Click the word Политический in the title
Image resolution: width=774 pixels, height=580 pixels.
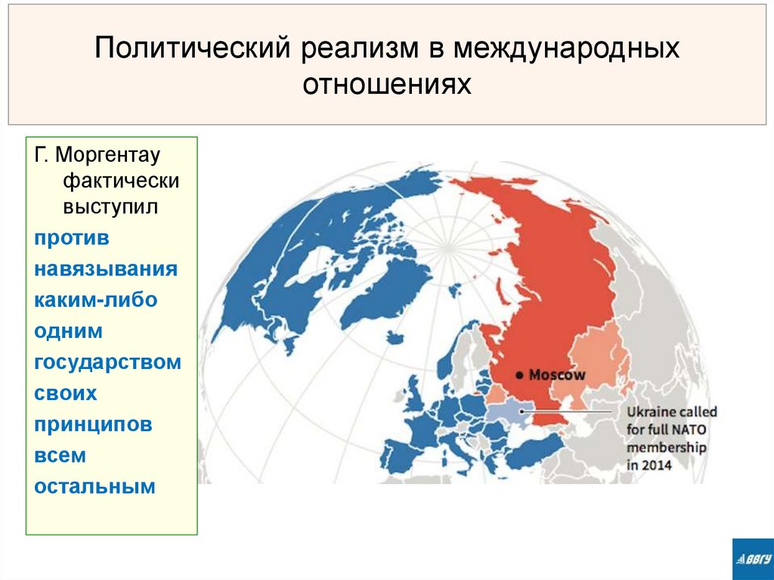click(194, 49)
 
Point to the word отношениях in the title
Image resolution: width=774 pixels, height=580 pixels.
click(387, 84)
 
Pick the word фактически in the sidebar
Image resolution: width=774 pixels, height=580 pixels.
click(121, 181)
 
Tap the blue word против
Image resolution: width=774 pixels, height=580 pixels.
click(72, 237)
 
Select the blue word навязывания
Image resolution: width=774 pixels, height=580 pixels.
click(106, 269)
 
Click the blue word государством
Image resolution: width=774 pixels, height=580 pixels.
click(107, 362)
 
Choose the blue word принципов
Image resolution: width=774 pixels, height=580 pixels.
click(93, 424)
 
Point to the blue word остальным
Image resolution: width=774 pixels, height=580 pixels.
click(94, 486)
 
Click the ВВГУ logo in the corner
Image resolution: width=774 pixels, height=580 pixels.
click(752, 559)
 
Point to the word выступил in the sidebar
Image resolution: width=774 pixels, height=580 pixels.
click(110, 206)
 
